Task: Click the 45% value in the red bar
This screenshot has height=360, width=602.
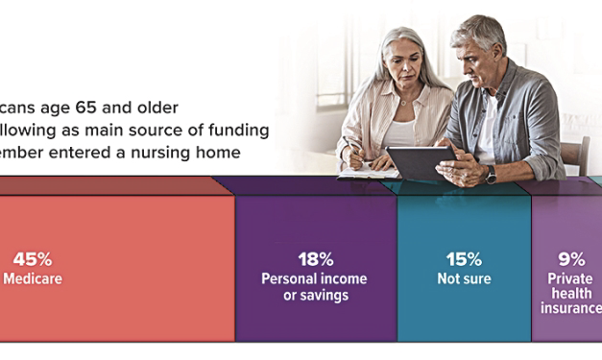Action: click(x=32, y=259)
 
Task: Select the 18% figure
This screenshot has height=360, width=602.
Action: click(x=314, y=259)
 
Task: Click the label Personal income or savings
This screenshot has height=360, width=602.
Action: click(x=314, y=286)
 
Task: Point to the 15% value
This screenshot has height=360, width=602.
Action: click(x=463, y=259)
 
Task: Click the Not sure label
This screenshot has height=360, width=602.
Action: click(x=463, y=279)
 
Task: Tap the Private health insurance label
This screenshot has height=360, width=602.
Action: click(x=573, y=294)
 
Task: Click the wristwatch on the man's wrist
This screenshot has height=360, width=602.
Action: click(x=491, y=174)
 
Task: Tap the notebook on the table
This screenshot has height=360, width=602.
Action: click(x=367, y=174)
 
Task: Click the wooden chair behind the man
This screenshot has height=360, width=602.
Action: click(x=575, y=154)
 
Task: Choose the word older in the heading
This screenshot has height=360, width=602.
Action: click(x=186, y=106)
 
